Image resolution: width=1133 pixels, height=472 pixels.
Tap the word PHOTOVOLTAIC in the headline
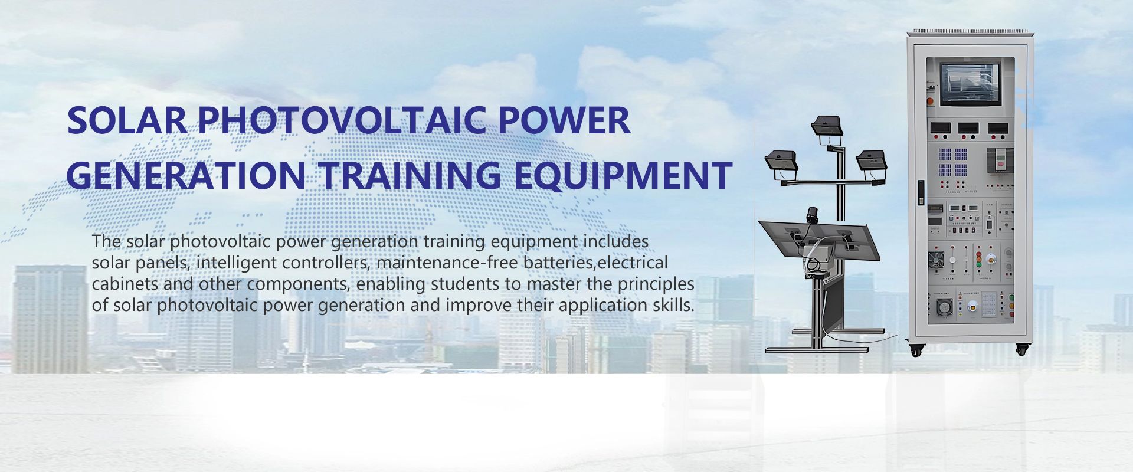342,121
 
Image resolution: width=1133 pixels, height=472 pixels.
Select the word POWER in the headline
564,121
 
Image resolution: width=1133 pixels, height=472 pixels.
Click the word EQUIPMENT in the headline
623,176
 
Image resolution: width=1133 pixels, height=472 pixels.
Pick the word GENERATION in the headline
186,176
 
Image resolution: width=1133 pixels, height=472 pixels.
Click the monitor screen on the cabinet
970,81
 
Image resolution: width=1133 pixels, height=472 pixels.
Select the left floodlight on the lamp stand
781,161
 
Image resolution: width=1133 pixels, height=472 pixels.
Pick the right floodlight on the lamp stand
872,160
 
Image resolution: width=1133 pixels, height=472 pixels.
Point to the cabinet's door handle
921,192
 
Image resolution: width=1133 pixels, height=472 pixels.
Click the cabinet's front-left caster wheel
916,351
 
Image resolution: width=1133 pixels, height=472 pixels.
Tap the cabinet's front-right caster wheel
1022,349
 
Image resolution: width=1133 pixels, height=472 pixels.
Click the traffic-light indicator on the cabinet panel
979,259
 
